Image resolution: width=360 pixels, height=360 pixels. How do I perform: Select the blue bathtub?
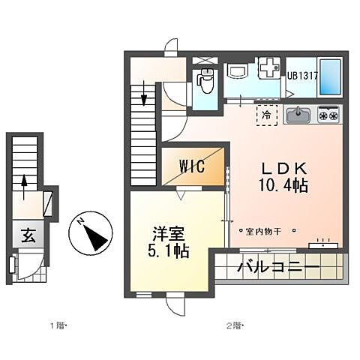click(x=330, y=76)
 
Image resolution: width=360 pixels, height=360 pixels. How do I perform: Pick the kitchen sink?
click(x=299, y=115)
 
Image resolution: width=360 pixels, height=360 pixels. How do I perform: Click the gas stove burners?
click(x=328, y=115)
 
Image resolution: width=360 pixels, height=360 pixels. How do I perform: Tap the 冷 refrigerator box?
click(x=267, y=115)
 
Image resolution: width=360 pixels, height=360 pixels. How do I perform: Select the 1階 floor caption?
click(x=57, y=325)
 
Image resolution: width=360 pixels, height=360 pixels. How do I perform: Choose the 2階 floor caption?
click(x=233, y=325)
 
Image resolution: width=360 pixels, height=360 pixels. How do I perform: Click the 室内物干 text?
click(x=263, y=231)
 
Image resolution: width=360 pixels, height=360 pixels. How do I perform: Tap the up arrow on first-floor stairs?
click(x=25, y=182)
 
